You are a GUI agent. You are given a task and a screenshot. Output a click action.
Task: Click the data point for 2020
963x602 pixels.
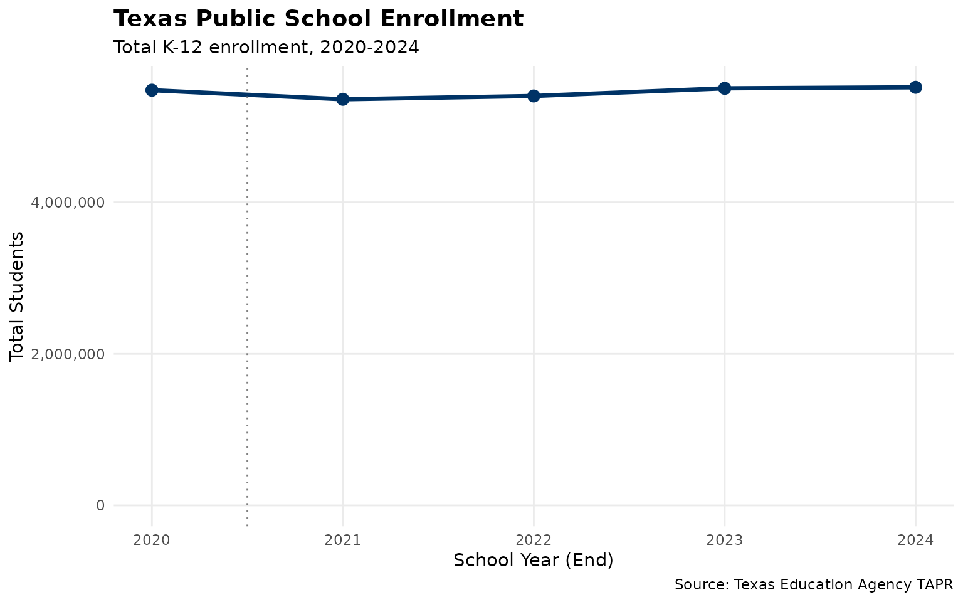(x=152, y=90)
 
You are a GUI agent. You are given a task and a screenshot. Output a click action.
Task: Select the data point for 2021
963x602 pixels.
(x=343, y=99)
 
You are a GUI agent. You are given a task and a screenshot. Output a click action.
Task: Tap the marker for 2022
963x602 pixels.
(x=534, y=96)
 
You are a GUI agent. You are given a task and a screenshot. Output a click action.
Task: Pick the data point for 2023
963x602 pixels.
(x=725, y=88)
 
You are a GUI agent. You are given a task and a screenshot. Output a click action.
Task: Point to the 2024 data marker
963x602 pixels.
(x=915, y=87)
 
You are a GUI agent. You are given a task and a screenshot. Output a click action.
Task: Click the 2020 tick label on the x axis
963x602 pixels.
(x=152, y=540)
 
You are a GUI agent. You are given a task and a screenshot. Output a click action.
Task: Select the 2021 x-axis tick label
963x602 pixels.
(x=343, y=540)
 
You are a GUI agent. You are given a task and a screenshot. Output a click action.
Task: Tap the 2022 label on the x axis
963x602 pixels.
(x=534, y=540)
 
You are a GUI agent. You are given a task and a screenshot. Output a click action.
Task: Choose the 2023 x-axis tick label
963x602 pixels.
(x=725, y=540)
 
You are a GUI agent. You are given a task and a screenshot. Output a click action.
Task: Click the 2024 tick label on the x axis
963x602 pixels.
(x=915, y=540)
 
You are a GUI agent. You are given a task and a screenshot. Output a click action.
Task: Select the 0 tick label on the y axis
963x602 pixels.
(x=100, y=505)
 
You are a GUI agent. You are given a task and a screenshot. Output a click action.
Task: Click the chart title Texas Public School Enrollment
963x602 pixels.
(x=318, y=19)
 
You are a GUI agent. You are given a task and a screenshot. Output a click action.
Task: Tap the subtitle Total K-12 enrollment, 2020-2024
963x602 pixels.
(x=266, y=48)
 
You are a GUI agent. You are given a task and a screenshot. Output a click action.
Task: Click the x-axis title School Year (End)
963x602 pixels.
(x=533, y=561)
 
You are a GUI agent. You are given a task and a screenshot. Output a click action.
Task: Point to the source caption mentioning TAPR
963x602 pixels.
(x=813, y=585)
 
